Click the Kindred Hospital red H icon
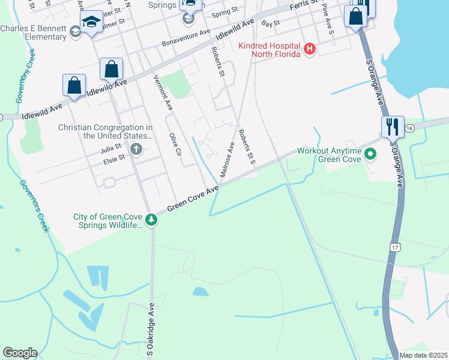pyautogui.click(x=310, y=49)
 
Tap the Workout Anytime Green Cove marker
pyautogui.click(x=370, y=155)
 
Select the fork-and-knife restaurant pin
pyautogui.click(x=393, y=127)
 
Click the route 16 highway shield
pyautogui.click(x=409, y=129)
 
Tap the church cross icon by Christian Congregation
pyautogui.click(x=136, y=149)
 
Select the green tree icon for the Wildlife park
pyautogui.click(x=152, y=220)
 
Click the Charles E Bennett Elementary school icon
pyautogui.click(x=76, y=31)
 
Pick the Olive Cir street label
pyautogui.click(x=175, y=144)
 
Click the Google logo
pyautogui.click(x=20, y=353)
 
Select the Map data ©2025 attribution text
pyautogui.click(x=423, y=355)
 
